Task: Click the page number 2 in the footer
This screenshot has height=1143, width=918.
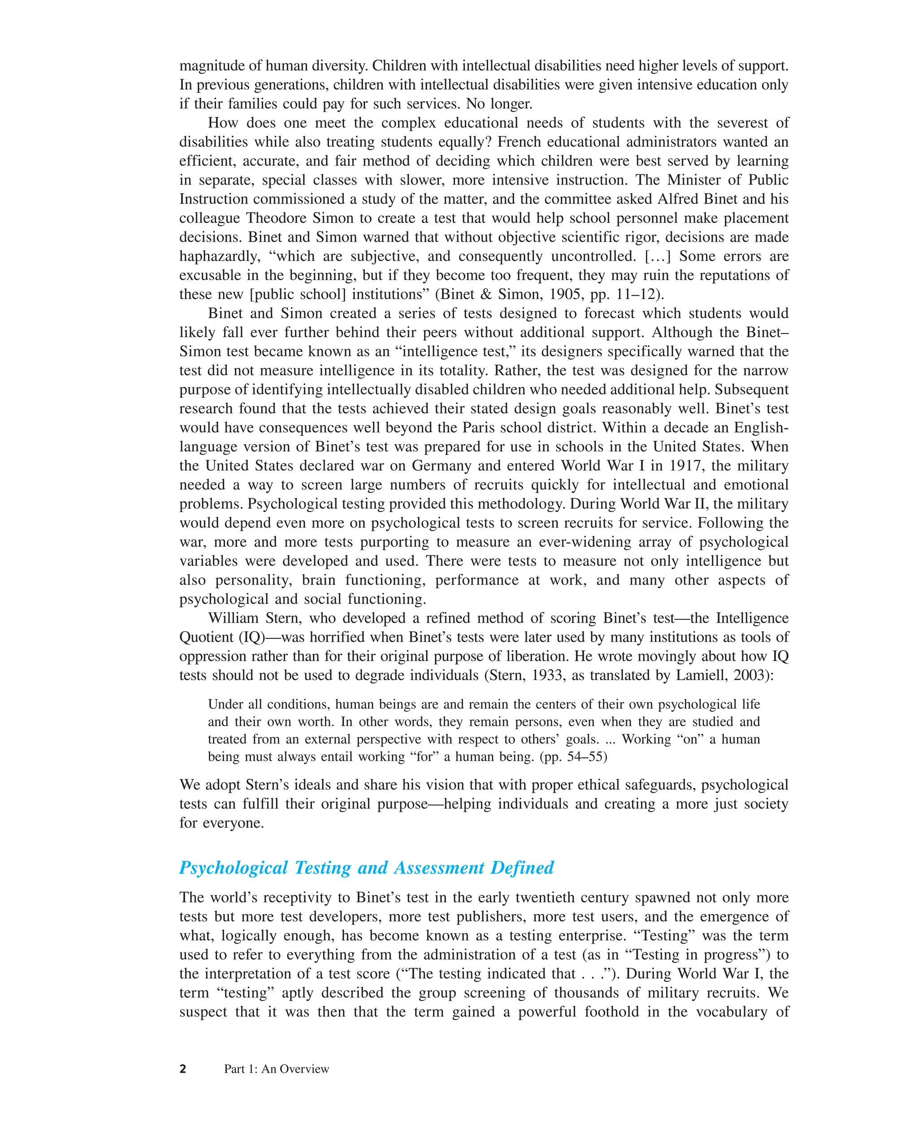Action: point(183,1069)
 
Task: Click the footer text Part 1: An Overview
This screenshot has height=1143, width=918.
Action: point(276,1069)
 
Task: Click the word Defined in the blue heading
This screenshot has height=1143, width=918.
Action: point(522,868)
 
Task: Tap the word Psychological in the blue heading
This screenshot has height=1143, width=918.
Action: point(234,868)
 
